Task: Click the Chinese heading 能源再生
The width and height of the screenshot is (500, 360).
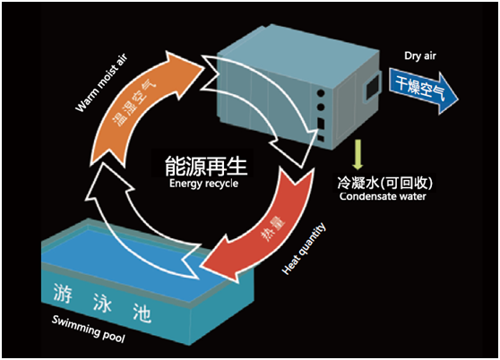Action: coord(205,167)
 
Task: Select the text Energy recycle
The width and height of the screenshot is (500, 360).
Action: coord(205,184)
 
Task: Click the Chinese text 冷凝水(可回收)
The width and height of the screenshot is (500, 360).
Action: coord(380,178)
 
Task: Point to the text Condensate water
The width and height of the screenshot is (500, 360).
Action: coord(382,195)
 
